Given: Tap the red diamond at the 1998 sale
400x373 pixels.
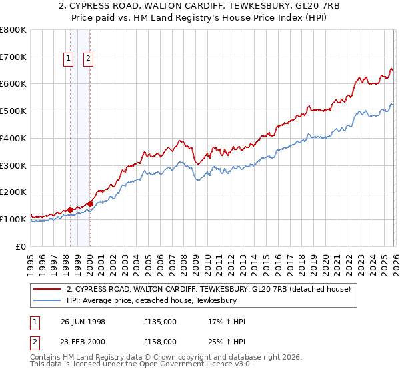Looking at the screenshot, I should click(70, 210).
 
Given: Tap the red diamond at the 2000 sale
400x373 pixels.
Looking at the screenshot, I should click(90, 204).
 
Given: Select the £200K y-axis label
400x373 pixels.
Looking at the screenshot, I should click(13, 192).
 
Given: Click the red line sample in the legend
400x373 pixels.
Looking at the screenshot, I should click(47, 289).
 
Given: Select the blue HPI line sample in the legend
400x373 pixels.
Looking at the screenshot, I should click(47, 300).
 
